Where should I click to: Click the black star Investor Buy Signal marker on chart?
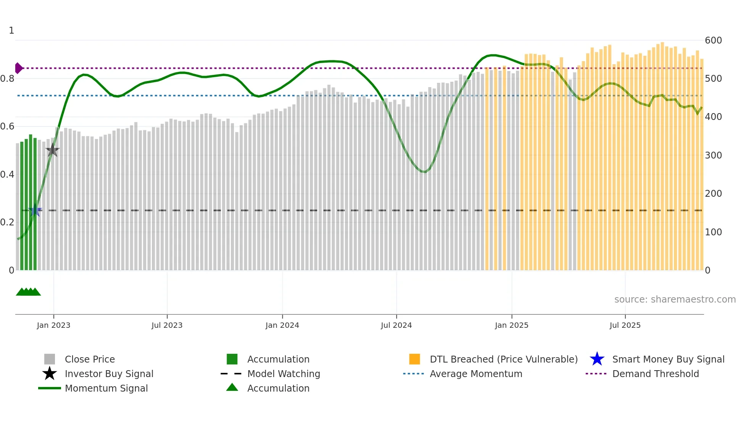(52, 150)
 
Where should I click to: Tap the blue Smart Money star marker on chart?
(35, 210)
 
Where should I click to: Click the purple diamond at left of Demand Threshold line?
(18, 68)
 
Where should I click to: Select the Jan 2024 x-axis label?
(282, 325)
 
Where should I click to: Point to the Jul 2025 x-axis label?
(625, 325)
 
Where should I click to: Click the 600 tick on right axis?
(713, 40)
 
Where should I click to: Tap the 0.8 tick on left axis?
(7, 79)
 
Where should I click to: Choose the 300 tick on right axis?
(713, 155)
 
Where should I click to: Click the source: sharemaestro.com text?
(675, 299)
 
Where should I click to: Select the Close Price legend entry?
(90, 359)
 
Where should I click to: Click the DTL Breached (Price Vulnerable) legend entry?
(503, 359)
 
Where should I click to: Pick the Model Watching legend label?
(284, 374)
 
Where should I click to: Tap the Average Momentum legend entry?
(476, 374)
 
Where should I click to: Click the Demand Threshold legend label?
(655, 374)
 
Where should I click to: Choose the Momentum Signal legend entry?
(106, 388)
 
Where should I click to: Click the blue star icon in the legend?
(597, 359)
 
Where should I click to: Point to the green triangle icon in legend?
(232, 387)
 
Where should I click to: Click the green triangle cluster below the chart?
(28, 292)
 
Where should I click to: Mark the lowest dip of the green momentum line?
(424, 172)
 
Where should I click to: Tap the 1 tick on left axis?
(11, 31)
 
